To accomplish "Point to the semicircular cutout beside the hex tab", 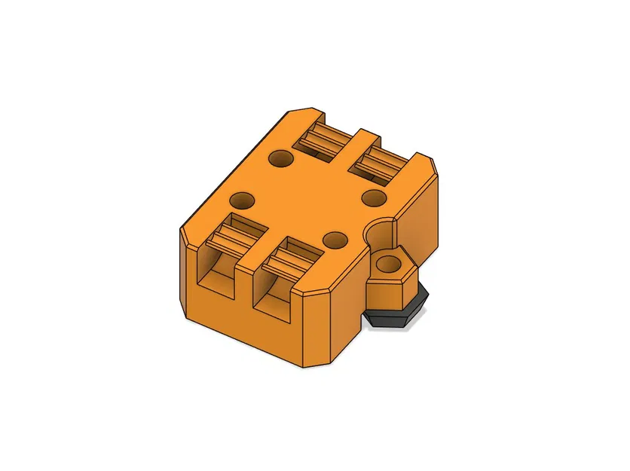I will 381,233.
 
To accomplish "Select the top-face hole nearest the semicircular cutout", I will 335,240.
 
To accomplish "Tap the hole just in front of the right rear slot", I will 374,197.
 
